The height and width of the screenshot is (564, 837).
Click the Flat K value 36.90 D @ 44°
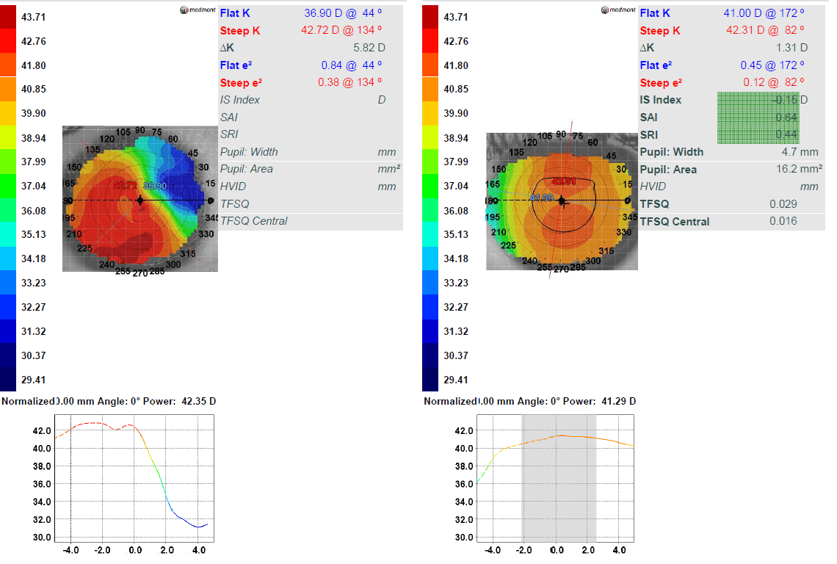pos(344,13)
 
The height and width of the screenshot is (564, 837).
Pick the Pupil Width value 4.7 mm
pos(800,152)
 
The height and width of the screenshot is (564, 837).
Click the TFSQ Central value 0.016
pos(783,221)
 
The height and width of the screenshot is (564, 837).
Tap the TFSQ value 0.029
pos(783,204)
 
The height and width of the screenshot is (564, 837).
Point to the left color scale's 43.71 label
pos(35,16)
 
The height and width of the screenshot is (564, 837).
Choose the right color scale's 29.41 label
pos(456,380)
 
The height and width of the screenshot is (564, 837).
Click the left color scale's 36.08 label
pos(35,210)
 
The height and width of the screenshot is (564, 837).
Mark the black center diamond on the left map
pos(140,200)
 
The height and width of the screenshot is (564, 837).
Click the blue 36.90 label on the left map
pos(156,187)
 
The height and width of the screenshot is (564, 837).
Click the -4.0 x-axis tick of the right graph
pos(493,549)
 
